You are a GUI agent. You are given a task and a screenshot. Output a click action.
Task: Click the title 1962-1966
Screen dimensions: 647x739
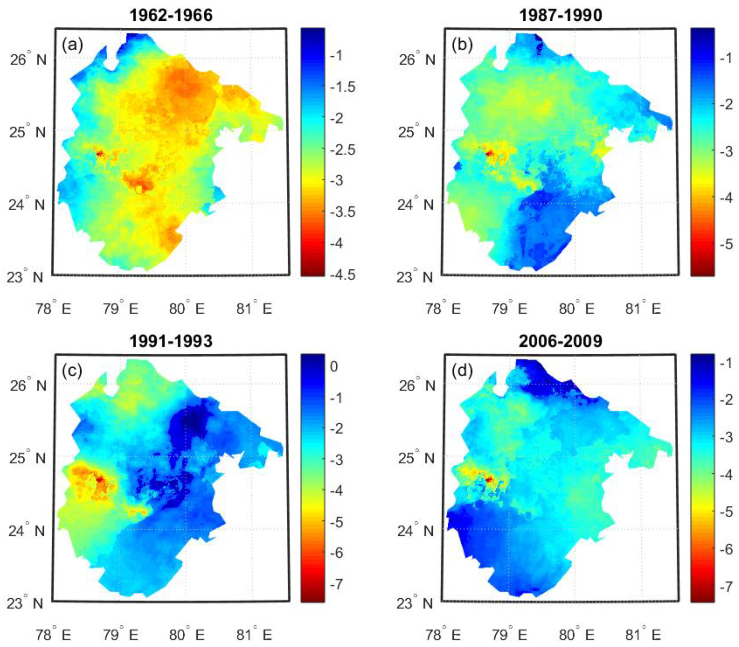pyautogui.click(x=171, y=15)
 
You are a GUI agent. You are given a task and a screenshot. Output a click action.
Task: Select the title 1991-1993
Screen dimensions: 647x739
pyautogui.click(x=171, y=341)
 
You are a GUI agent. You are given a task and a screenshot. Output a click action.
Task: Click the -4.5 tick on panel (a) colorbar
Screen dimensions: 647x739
pyautogui.click(x=343, y=274)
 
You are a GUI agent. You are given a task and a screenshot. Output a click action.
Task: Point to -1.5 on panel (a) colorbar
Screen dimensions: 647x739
pyautogui.click(x=343, y=87)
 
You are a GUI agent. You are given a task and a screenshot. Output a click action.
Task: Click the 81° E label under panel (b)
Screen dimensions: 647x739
pyautogui.click(x=643, y=309)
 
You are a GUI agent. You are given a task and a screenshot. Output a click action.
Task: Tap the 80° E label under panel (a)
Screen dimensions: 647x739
pyautogui.click(x=187, y=309)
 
